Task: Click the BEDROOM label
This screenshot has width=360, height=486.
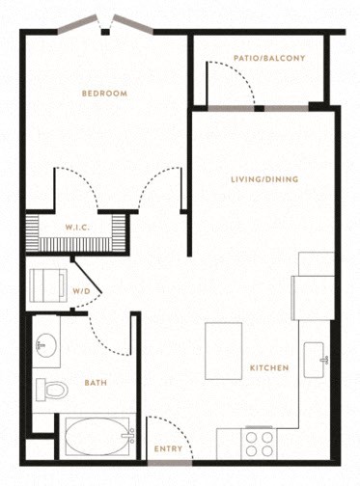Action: [104, 94]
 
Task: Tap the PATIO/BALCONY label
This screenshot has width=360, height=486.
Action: [269, 58]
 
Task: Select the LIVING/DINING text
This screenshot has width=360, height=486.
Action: [264, 179]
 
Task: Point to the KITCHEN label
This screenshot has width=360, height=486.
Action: [269, 367]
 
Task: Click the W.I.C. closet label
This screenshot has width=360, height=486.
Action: [77, 228]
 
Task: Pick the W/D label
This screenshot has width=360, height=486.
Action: [81, 291]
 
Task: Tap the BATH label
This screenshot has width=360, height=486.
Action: [96, 383]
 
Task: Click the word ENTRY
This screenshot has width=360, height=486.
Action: [168, 449]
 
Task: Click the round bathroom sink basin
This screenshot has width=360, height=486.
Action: [46, 345]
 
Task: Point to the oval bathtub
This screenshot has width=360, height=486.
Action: [97, 436]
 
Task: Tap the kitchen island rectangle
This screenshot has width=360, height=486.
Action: [224, 351]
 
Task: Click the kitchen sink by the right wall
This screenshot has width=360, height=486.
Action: [314, 360]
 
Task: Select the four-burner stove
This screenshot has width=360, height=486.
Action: [259, 444]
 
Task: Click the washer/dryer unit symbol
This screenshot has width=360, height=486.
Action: [48, 285]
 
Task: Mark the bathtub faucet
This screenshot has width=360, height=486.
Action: [130, 436]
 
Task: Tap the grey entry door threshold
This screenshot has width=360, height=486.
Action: [170, 463]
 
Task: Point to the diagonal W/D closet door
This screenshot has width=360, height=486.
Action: [87, 275]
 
